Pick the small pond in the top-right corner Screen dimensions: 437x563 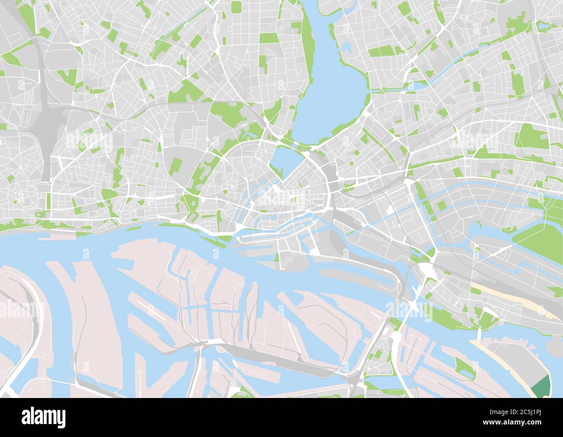(542, 26)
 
